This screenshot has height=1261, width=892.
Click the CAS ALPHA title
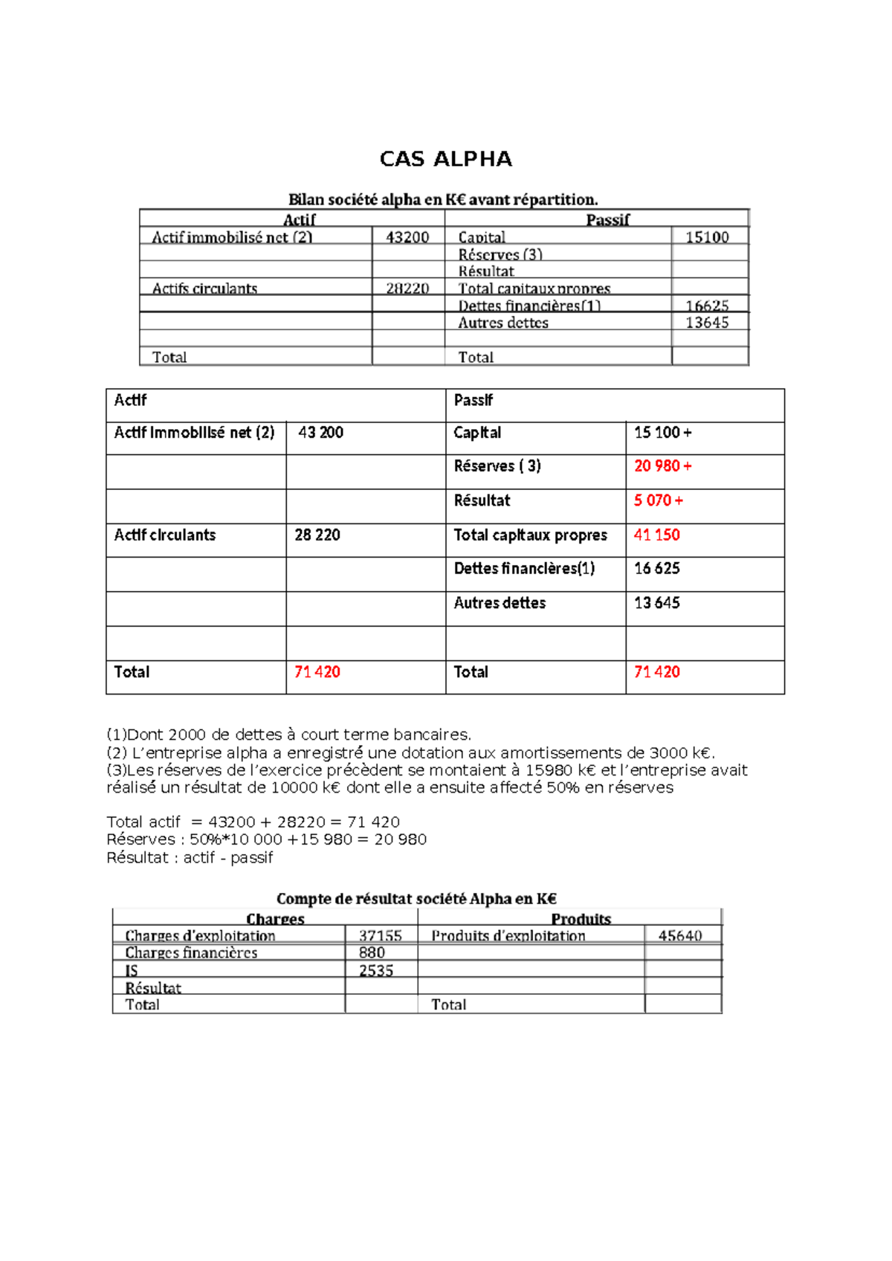pos(445,159)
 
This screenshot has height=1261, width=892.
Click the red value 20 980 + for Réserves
pos(662,466)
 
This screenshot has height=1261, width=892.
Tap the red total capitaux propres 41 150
pos(656,535)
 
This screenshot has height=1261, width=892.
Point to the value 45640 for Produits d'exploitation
pos(679,935)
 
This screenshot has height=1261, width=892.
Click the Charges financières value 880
pos(372,952)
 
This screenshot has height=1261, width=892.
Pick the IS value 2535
pos(376,970)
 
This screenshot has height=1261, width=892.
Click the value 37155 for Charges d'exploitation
pos(380,935)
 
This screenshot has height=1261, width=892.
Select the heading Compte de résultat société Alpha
pos(416,898)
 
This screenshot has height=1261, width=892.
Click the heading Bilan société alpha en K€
pos(443,199)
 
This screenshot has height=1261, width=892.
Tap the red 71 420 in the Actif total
pos(317,672)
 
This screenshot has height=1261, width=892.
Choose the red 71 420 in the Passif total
pos(656,672)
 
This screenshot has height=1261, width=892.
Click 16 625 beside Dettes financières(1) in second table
pos(656,569)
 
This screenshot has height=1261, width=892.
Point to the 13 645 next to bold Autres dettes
pos(656,603)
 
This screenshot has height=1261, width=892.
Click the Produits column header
pos(581,919)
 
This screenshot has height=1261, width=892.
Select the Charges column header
pos(275,919)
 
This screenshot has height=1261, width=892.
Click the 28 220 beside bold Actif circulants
pos(317,535)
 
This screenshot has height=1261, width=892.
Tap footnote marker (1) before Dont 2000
pos(116,735)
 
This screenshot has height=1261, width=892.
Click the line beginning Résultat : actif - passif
pos(190,857)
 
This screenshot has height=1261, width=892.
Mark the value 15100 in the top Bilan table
pos(706,237)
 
